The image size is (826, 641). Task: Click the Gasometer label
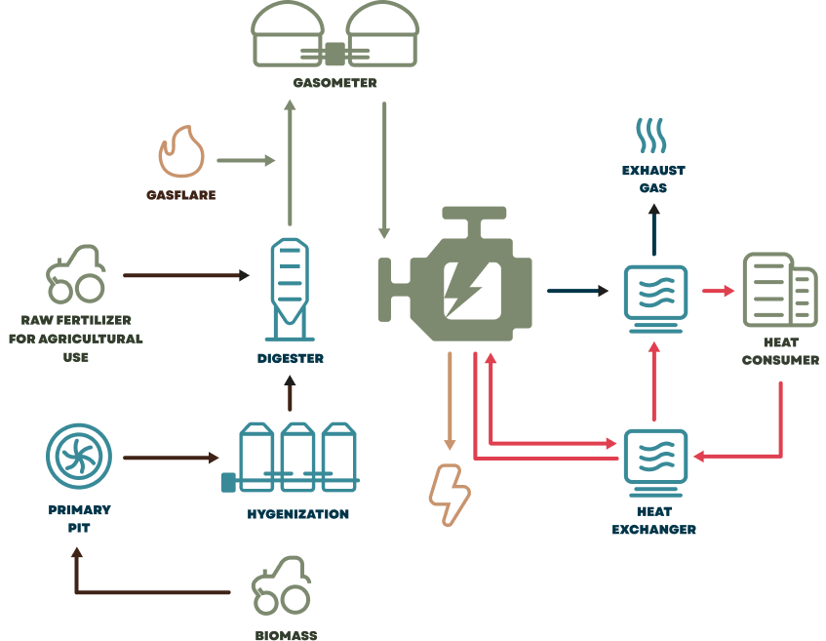[x=334, y=84]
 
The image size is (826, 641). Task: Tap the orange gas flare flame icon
[x=181, y=153]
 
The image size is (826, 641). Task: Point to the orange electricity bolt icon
[x=450, y=494]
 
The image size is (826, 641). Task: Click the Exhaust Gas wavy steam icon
[x=653, y=136]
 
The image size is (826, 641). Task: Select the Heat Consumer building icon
[x=780, y=290]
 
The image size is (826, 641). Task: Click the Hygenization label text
[x=297, y=514]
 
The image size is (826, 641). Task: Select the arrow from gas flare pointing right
[x=246, y=160]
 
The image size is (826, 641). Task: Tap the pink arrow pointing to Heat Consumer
[x=718, y=291]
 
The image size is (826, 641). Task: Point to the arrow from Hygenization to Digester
[x=289, y=394]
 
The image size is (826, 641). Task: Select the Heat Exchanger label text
[x=653, y=522]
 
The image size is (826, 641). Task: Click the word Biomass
[x=287, y=635]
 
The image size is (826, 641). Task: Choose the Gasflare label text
[x=181, y=195]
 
